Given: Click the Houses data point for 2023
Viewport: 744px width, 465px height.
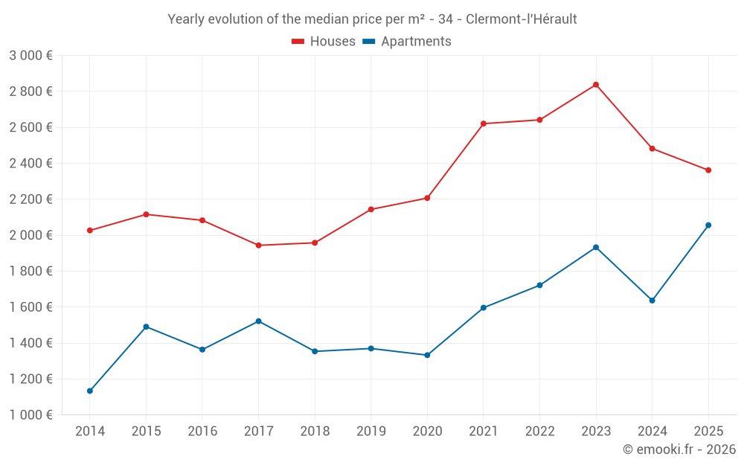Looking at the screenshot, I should click(x=596, y=85).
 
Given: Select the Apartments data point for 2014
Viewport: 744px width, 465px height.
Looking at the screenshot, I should click(x=90, y=391).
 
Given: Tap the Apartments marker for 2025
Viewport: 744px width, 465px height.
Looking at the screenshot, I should click(x=708, y=225).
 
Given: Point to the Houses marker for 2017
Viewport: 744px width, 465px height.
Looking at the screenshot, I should click(x=258, y=246).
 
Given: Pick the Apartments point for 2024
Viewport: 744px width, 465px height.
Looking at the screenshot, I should click(x=652, y=301).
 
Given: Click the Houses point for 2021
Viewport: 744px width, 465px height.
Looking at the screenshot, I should click(x=484, y=124).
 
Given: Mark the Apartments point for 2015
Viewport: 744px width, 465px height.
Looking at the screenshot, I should click(x=146, y=327).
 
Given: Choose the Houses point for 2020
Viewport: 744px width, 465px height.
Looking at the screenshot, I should click(x=427, y=198).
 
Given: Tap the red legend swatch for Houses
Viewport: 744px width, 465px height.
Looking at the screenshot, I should click(x=298, y=42).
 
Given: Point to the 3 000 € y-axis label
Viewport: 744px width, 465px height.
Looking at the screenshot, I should click(x=31, y=56).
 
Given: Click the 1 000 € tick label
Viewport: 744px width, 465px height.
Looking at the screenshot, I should click(x=31, y=415).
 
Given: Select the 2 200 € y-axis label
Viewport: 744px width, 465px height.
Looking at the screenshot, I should click(x=31, y=199).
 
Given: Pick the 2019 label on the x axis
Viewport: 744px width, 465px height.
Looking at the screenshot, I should click(x=371, y=431).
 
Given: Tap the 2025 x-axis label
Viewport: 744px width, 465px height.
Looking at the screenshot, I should click(x=708, y=431).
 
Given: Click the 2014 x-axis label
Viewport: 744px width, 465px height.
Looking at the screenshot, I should click(x=90, y=431).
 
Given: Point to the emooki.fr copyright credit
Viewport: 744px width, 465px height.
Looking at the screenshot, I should click(x=679, y=449).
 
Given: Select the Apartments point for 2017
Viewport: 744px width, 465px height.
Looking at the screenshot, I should click(x=258, y=321).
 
